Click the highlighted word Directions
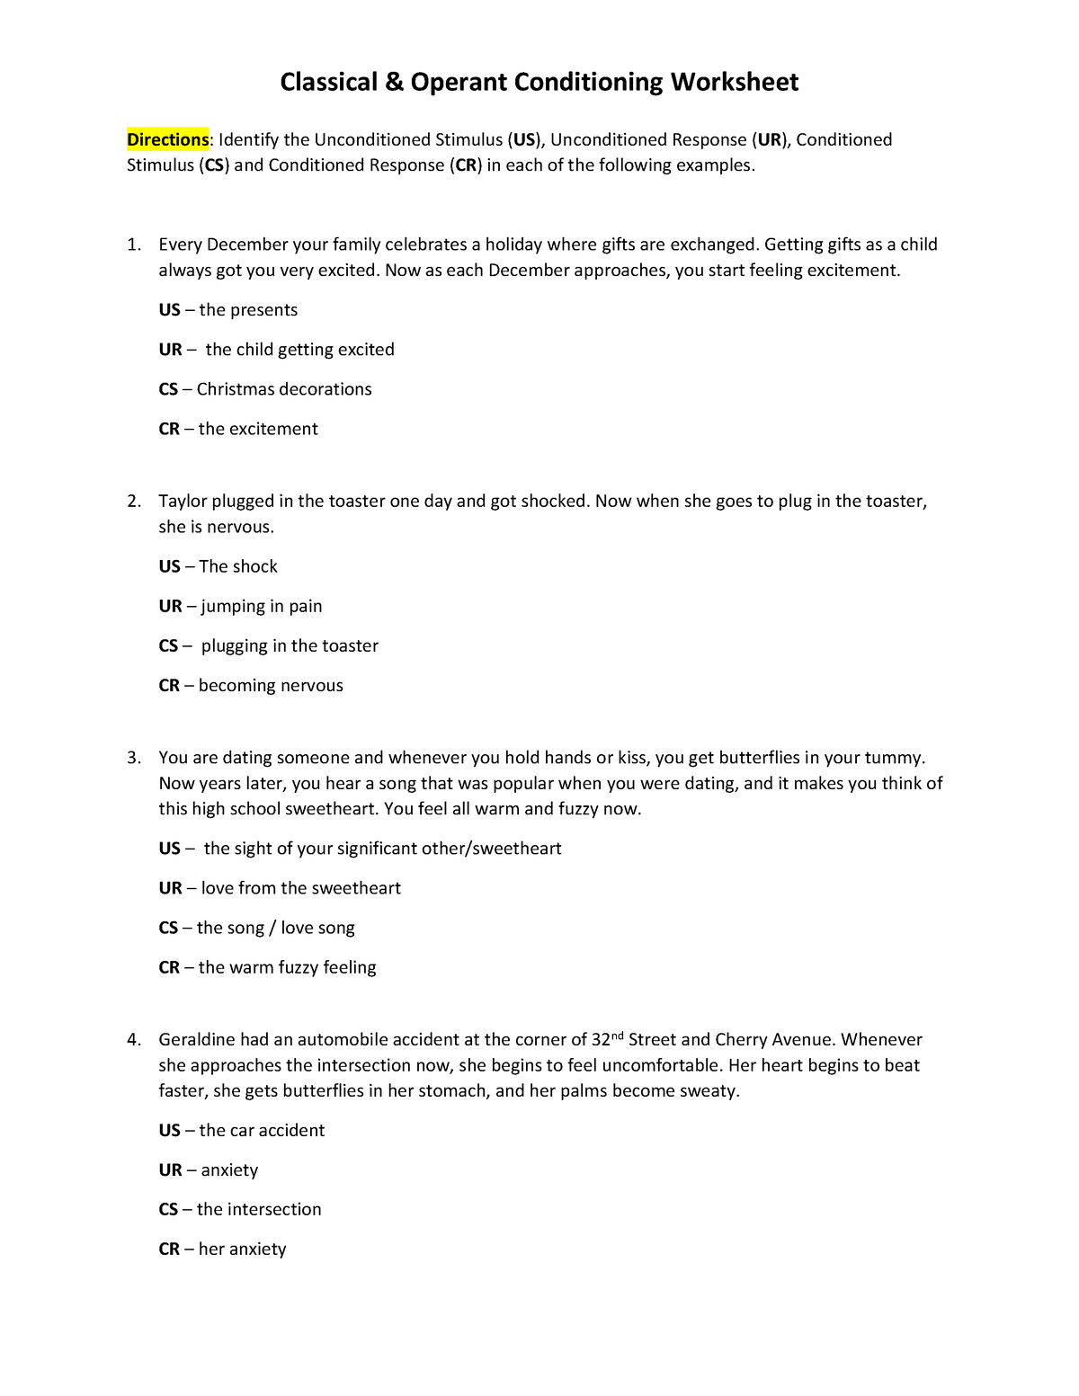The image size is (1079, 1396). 167,139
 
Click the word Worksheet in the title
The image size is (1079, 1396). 734,82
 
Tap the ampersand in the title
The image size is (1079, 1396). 394,82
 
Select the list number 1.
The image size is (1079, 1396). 133,245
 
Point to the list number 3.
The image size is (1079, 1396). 133,758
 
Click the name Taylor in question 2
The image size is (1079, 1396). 183,501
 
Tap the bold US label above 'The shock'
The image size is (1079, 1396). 169,566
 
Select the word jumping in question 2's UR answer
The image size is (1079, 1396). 233,607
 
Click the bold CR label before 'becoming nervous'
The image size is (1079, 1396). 169,686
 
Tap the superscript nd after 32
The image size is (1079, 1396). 617,1036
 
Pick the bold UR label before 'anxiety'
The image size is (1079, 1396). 170,1170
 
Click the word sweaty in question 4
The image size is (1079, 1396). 710,1091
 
